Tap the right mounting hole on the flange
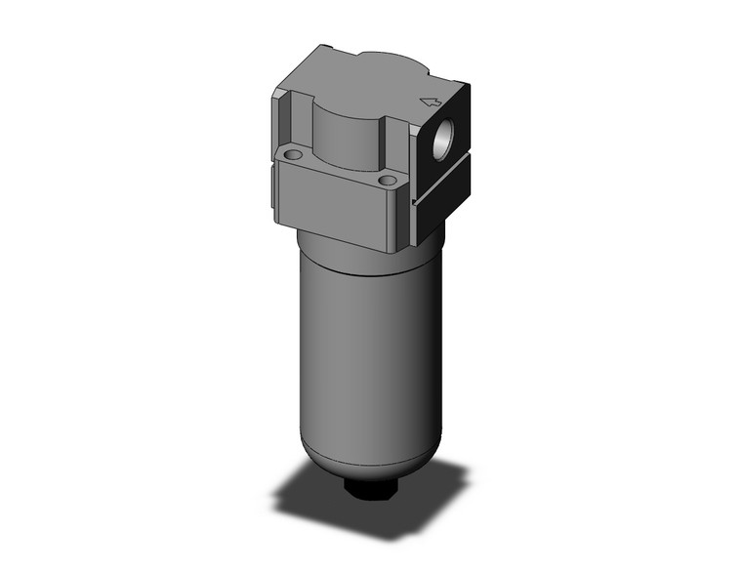click(388, 181)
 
